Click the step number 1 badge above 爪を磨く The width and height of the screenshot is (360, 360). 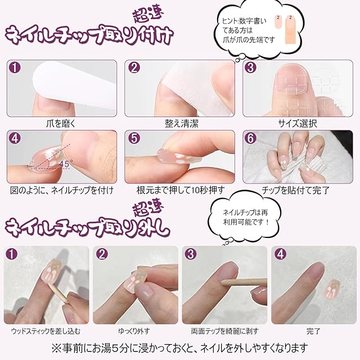15,67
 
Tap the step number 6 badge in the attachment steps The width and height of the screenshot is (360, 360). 250,138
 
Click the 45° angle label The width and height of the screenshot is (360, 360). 66,164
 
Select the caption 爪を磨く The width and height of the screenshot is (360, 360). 61,124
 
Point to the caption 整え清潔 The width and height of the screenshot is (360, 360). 181,124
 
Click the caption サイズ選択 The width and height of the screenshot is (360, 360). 298,124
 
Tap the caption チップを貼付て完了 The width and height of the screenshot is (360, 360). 296,190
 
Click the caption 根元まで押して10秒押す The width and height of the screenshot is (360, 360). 181,190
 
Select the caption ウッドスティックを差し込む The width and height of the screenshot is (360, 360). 46,331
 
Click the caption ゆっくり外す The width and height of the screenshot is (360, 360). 134,331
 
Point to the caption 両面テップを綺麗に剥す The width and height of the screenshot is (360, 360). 225,331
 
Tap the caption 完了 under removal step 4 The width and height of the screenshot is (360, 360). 313,331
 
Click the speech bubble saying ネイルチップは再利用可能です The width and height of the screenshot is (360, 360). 246,218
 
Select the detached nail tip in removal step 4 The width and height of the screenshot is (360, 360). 332,289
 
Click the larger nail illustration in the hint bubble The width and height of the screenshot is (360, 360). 290,29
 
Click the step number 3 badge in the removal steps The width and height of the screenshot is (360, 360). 191,254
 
